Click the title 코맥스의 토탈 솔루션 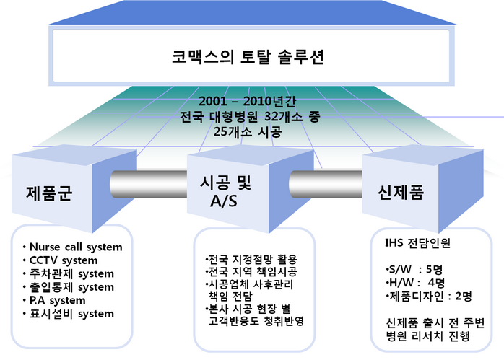248,58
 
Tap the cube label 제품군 49,193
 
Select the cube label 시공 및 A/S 225,192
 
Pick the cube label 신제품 401,193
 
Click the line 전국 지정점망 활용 251,259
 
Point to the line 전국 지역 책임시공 251,271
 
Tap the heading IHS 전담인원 417,243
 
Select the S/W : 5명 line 414,269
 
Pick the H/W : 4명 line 415,283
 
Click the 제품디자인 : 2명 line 429,296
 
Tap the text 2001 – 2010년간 247,101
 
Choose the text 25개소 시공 248,131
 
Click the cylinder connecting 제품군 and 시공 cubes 149,184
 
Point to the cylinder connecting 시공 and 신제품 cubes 326,184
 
